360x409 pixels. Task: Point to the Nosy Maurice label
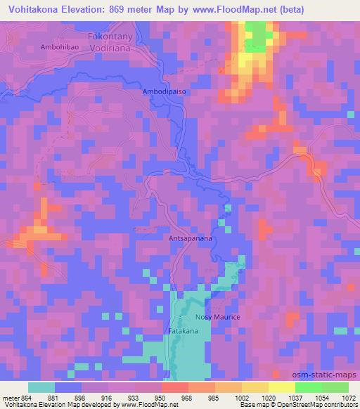coord(218,318)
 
